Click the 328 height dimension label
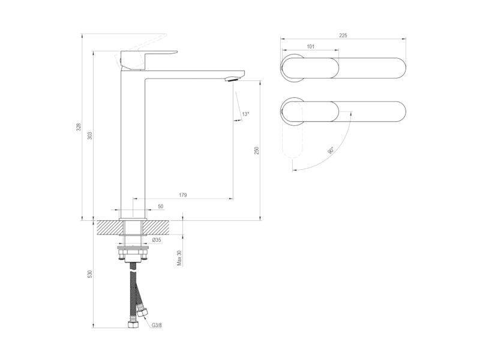79,127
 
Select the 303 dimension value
89,136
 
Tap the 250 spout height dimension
257,151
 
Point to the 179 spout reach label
183,194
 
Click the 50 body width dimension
161,206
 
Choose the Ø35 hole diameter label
157,240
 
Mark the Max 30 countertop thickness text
179,258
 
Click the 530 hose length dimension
89,274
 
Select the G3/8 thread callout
157,325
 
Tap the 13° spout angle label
245,114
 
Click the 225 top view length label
343,35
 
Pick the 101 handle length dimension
310,47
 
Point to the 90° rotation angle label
331,151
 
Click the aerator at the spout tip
232,80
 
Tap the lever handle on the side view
149,59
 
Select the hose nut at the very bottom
133,324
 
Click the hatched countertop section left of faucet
108,227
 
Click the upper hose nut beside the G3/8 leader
142,313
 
